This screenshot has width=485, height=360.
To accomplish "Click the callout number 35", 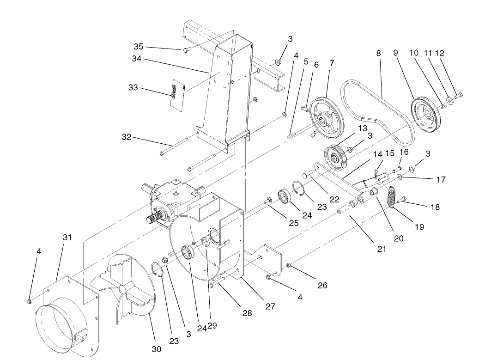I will pyautogui.click(x=139, y=47).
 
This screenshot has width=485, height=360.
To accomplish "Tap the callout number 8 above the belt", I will pyautogui.click(x=379, y=54).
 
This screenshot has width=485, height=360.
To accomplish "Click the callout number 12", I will pyautogui.click(x=440, y=54).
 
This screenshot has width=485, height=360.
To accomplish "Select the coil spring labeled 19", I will pyautogui.click(x=392, y=197).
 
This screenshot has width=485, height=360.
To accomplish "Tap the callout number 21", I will pyautogui.click(x=382, y=249).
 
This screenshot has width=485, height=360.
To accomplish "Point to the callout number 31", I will pyautogui.click(x=67, y=237).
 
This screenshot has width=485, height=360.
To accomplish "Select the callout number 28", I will pyautogui.click(x=247, y=313).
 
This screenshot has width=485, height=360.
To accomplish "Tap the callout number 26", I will pyautogui.click(x=322, y=286).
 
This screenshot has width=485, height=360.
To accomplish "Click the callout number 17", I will pyautogui.click(x=441, y=180).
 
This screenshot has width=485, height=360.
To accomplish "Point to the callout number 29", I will pyautogui.click(x=212, y=325).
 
